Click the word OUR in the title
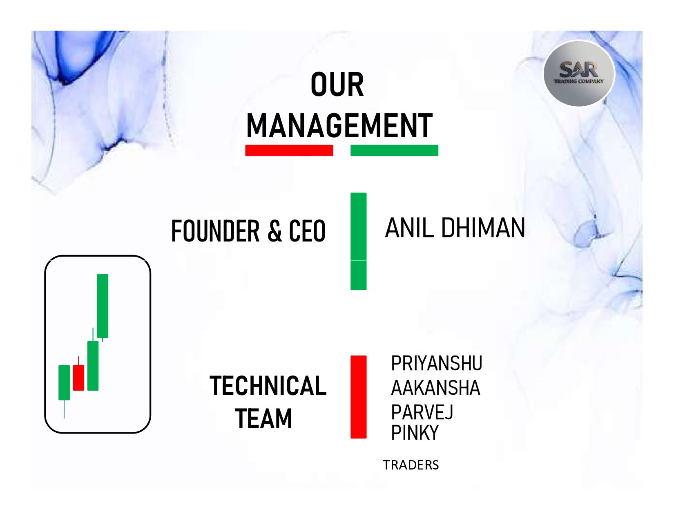pyautogui.click(x=337, y=84)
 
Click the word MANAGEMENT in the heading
pyautogui.click(x=339, y=126)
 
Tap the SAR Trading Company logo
pyautogui.click(x=579, y=74)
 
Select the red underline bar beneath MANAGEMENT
pyautogui.click(x=289, y=150)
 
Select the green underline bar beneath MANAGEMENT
pyautogui.click(x=394, y=150)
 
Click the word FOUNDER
pyautogui.click(x=215, y=231)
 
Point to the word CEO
pyautogui.click(x=307, y=231)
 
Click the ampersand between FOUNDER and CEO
pyautogui.click(x=275, y=231)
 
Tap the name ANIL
pyautogui.click(x=409, y=228)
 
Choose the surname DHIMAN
pyautogui.click(x=483, y=228)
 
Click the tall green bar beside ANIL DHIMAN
pyautogui.click(x=359, y=241)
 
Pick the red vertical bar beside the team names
pyautogui.click(x=359, y=397)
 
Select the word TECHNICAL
pyautogui.click(x=268, y=386)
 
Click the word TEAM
pyautogui.click(x=263, y=418)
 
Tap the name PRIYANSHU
pyautogui.click(x=436, y=363)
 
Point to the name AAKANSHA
pyautogui.click(x=435, y=387)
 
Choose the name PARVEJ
pyautogui.click(x=422, y=412)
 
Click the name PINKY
pyautogui.click(x=415, y=432)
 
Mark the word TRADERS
pyautogui.click(x=411, y=465)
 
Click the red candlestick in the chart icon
pyautogui.click(x=78, y=377)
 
